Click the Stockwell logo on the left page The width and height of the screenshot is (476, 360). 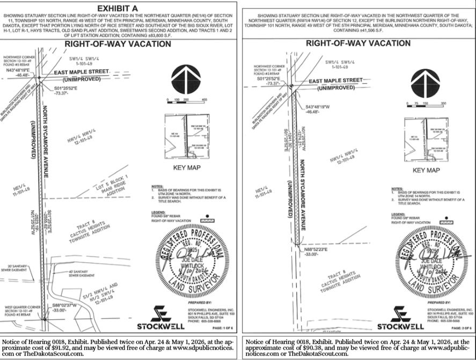coord(160,318)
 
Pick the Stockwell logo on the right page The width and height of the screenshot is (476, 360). coord(400,318)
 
